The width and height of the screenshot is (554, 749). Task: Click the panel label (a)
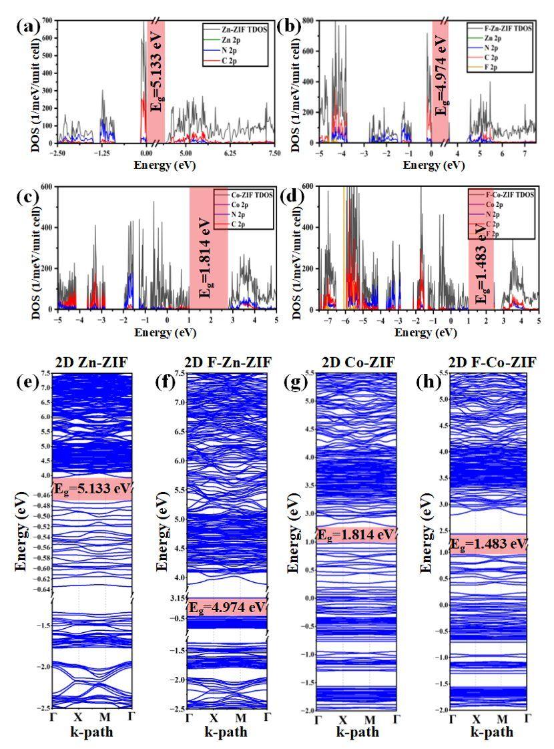27,28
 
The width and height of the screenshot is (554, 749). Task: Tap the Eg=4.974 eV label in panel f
227,607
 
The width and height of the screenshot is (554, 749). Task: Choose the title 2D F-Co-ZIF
491,362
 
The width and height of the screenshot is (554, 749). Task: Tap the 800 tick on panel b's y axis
311,22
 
